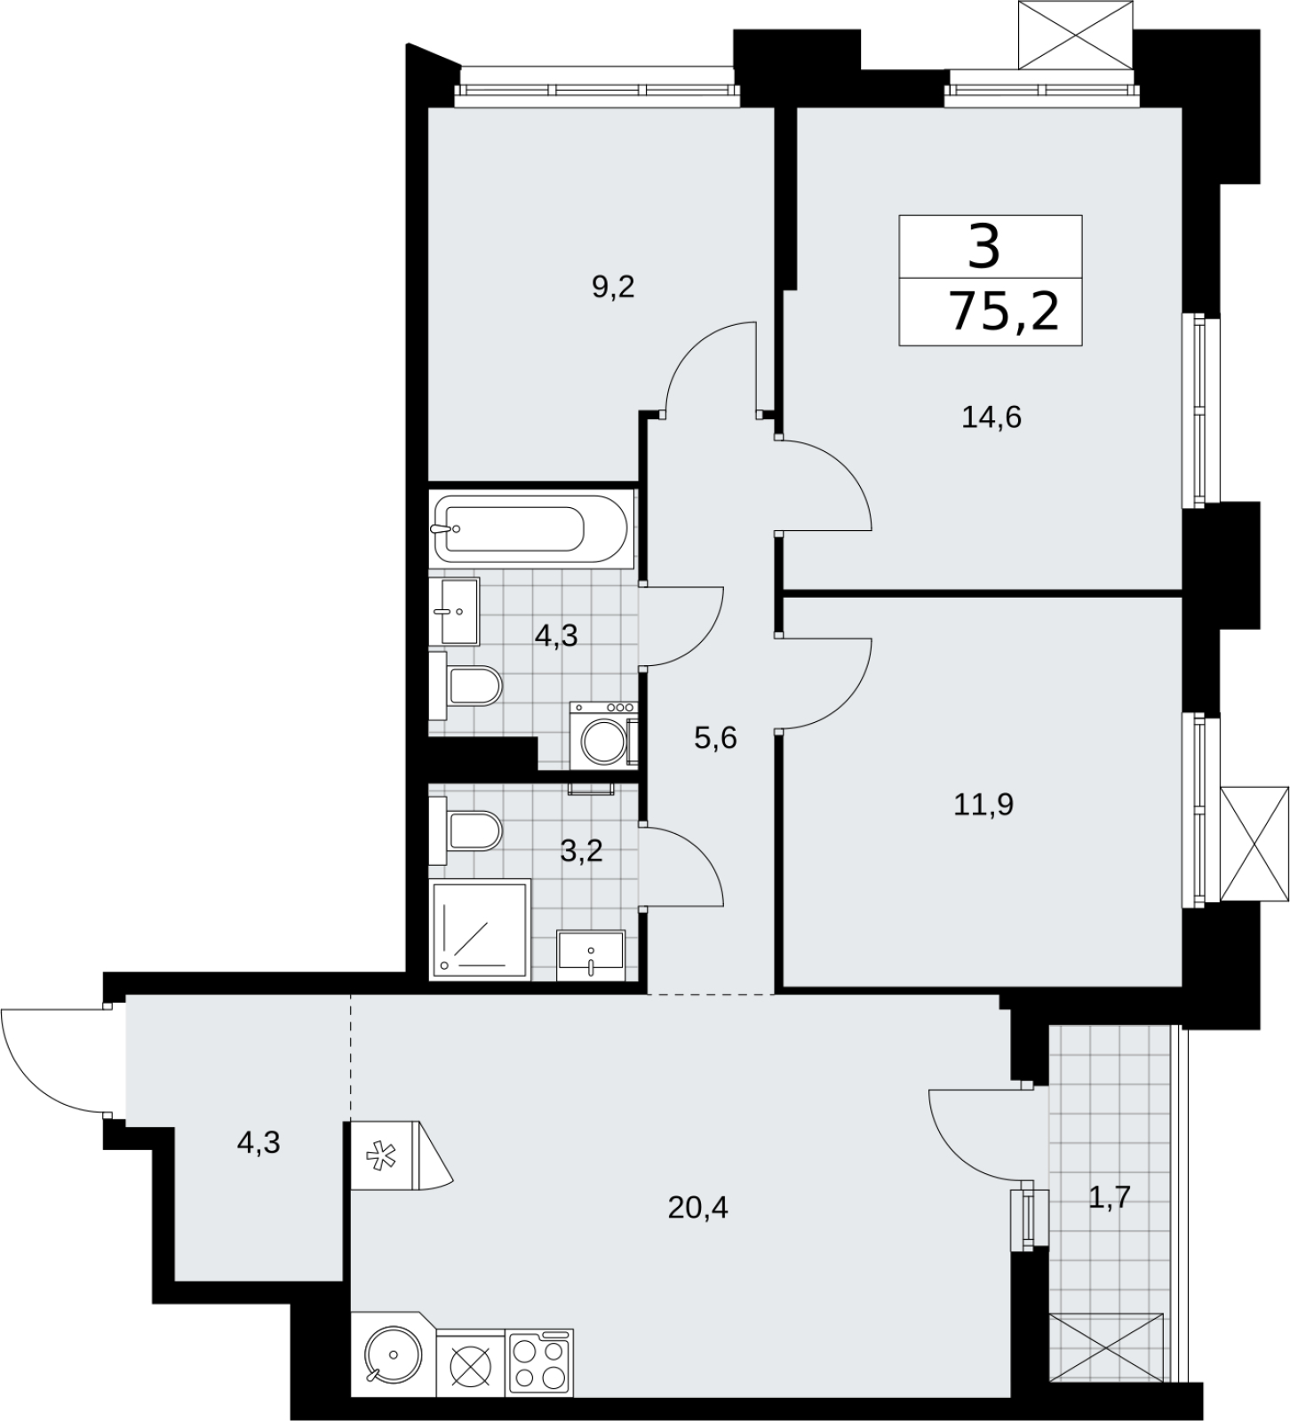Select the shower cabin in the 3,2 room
(x=480, y=929)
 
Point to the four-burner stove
(x=540, y=1362)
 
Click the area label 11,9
(x=984, y=805)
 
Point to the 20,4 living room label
(x=698, y=1207)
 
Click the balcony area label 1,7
(x=1110, y=1199)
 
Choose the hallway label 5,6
(x=716, y=737)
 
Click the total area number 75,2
(x=1005, y=311)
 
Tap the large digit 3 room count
(x=984, y=246)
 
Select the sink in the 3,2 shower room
(x=591, y=956)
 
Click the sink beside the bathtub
(x=455, y=611)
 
